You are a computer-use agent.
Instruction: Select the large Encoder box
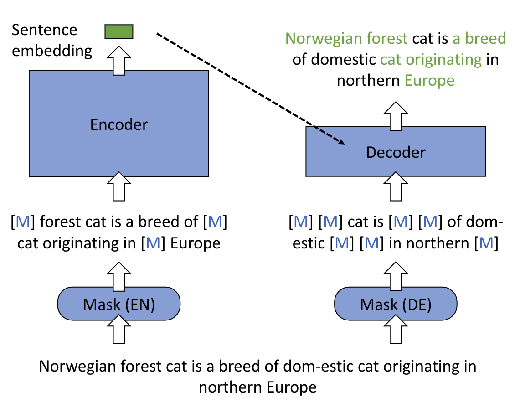(x=119, y=124)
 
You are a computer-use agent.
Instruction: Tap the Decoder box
(x=395, y=151)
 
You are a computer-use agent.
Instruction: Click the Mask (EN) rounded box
(x=119, y=304)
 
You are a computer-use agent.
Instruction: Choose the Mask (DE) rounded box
(x=395, y=304)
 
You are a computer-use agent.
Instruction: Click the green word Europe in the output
(x=430, y=81)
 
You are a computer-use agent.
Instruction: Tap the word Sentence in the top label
(x=44, y=31)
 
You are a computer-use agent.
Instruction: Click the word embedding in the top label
(x=51, y=51)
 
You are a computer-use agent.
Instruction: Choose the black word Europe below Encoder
(x=195, y=243)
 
